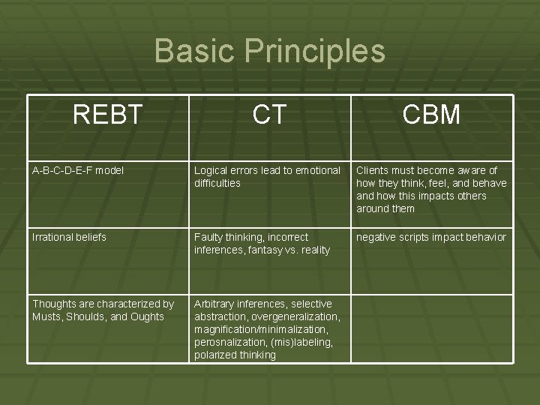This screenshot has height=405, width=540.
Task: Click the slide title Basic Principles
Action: (269, 52)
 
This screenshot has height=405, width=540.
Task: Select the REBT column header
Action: (107, 115)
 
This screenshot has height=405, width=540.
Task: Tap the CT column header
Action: (269, 115)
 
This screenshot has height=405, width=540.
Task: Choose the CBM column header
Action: (431, 115)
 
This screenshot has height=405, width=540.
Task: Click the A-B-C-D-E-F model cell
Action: (78, 170)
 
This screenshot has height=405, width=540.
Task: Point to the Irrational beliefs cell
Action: (69, 237)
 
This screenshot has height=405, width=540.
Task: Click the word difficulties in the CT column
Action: (217, 183)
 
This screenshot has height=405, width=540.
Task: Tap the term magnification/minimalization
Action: (260, 329)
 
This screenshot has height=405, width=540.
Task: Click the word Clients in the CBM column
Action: (373, 170)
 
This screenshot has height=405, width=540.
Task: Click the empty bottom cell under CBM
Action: (431, 328)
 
